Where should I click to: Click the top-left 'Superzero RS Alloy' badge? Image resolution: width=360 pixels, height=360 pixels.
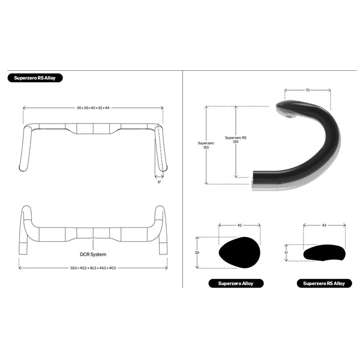35,78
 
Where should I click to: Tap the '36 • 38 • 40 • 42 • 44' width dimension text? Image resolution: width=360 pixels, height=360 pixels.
93,108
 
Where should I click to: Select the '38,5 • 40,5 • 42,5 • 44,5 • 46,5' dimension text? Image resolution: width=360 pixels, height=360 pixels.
93,268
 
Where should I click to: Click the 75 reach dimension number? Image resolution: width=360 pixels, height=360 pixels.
307,90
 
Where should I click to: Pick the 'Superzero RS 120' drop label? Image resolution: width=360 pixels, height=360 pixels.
232,140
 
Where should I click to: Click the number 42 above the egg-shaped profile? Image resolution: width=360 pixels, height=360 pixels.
239,225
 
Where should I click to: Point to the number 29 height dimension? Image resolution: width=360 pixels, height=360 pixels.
197,253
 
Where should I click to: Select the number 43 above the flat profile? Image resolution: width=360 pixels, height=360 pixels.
325,225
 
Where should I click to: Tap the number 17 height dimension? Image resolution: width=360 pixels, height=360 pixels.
286,253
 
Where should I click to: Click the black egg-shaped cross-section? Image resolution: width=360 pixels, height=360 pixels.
239,253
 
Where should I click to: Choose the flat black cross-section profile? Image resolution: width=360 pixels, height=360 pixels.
324,253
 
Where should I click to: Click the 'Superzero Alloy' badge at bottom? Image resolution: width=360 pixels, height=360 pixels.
235,283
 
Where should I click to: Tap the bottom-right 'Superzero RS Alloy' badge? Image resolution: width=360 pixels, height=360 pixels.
324,283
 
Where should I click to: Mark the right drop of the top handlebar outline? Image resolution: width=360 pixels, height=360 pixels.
161,150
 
